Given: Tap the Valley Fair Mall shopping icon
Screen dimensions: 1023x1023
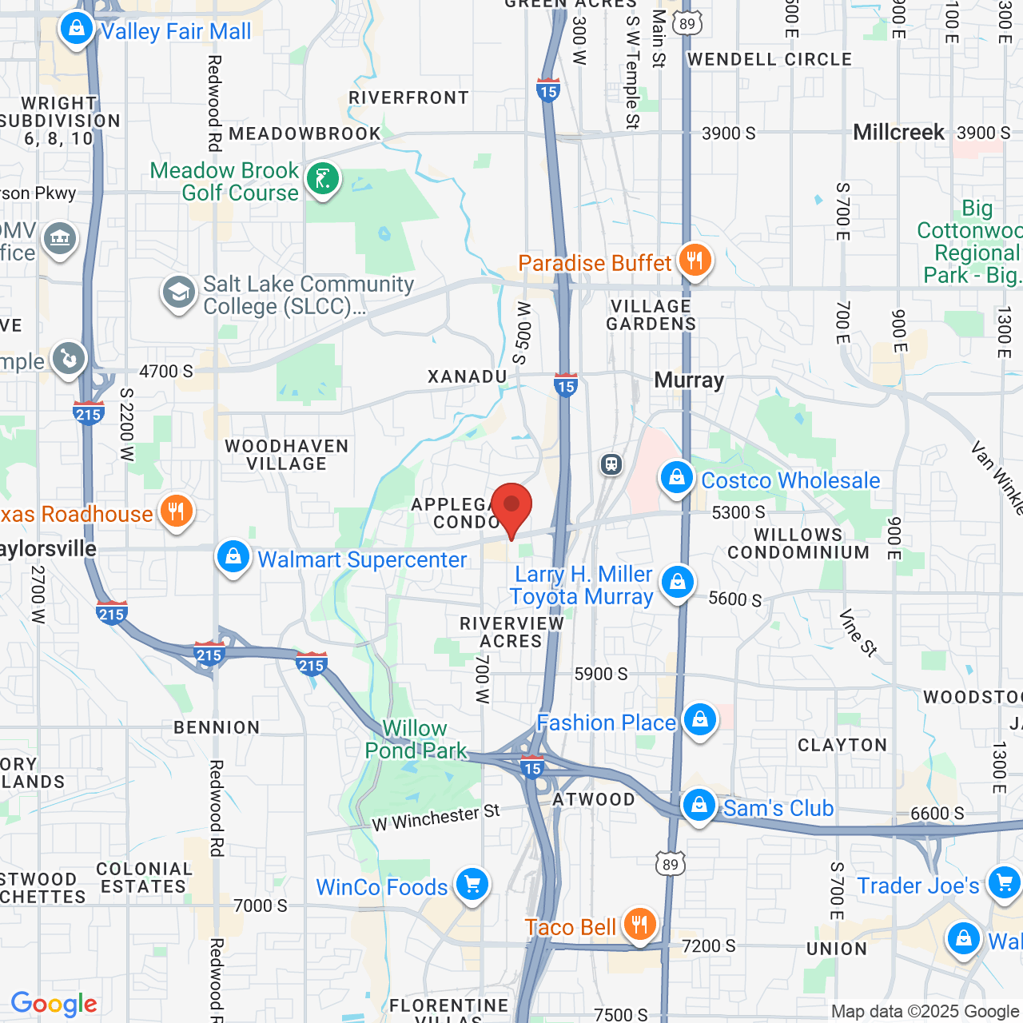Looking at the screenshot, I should (77, 30).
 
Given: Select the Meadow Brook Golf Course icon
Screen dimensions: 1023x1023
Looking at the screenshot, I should (323, 179).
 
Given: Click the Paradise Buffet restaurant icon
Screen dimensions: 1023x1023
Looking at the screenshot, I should (695, 261).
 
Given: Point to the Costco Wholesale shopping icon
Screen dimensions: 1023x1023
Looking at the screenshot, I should (677, 479).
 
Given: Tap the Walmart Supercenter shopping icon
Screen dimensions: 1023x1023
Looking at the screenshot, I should (233, 557).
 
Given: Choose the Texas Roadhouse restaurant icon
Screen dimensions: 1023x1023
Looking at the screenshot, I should (177, 511).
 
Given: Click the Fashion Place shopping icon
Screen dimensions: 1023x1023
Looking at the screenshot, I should (700, 721).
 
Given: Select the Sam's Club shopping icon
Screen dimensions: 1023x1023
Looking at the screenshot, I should (699, 806).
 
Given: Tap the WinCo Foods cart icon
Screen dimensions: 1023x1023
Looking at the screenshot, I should (472, 885).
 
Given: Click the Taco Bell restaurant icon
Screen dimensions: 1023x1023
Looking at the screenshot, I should (639, 925).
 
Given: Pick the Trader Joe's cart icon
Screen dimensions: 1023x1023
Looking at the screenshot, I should (1004, 883).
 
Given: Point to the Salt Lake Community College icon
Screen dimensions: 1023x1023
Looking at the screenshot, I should (179, 293).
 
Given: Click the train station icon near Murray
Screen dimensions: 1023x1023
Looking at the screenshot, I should (611, 464).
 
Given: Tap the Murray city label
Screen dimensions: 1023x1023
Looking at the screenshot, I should (689, 380).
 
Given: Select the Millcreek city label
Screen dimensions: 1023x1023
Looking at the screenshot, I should (898, 132).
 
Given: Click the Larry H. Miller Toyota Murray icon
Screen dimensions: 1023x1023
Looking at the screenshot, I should (678, 583).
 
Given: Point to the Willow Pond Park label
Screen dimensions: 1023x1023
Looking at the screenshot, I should (416, 739).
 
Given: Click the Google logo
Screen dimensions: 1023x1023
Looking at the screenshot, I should (54, 1004).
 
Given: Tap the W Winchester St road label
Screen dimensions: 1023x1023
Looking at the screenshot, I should (436, 818).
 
